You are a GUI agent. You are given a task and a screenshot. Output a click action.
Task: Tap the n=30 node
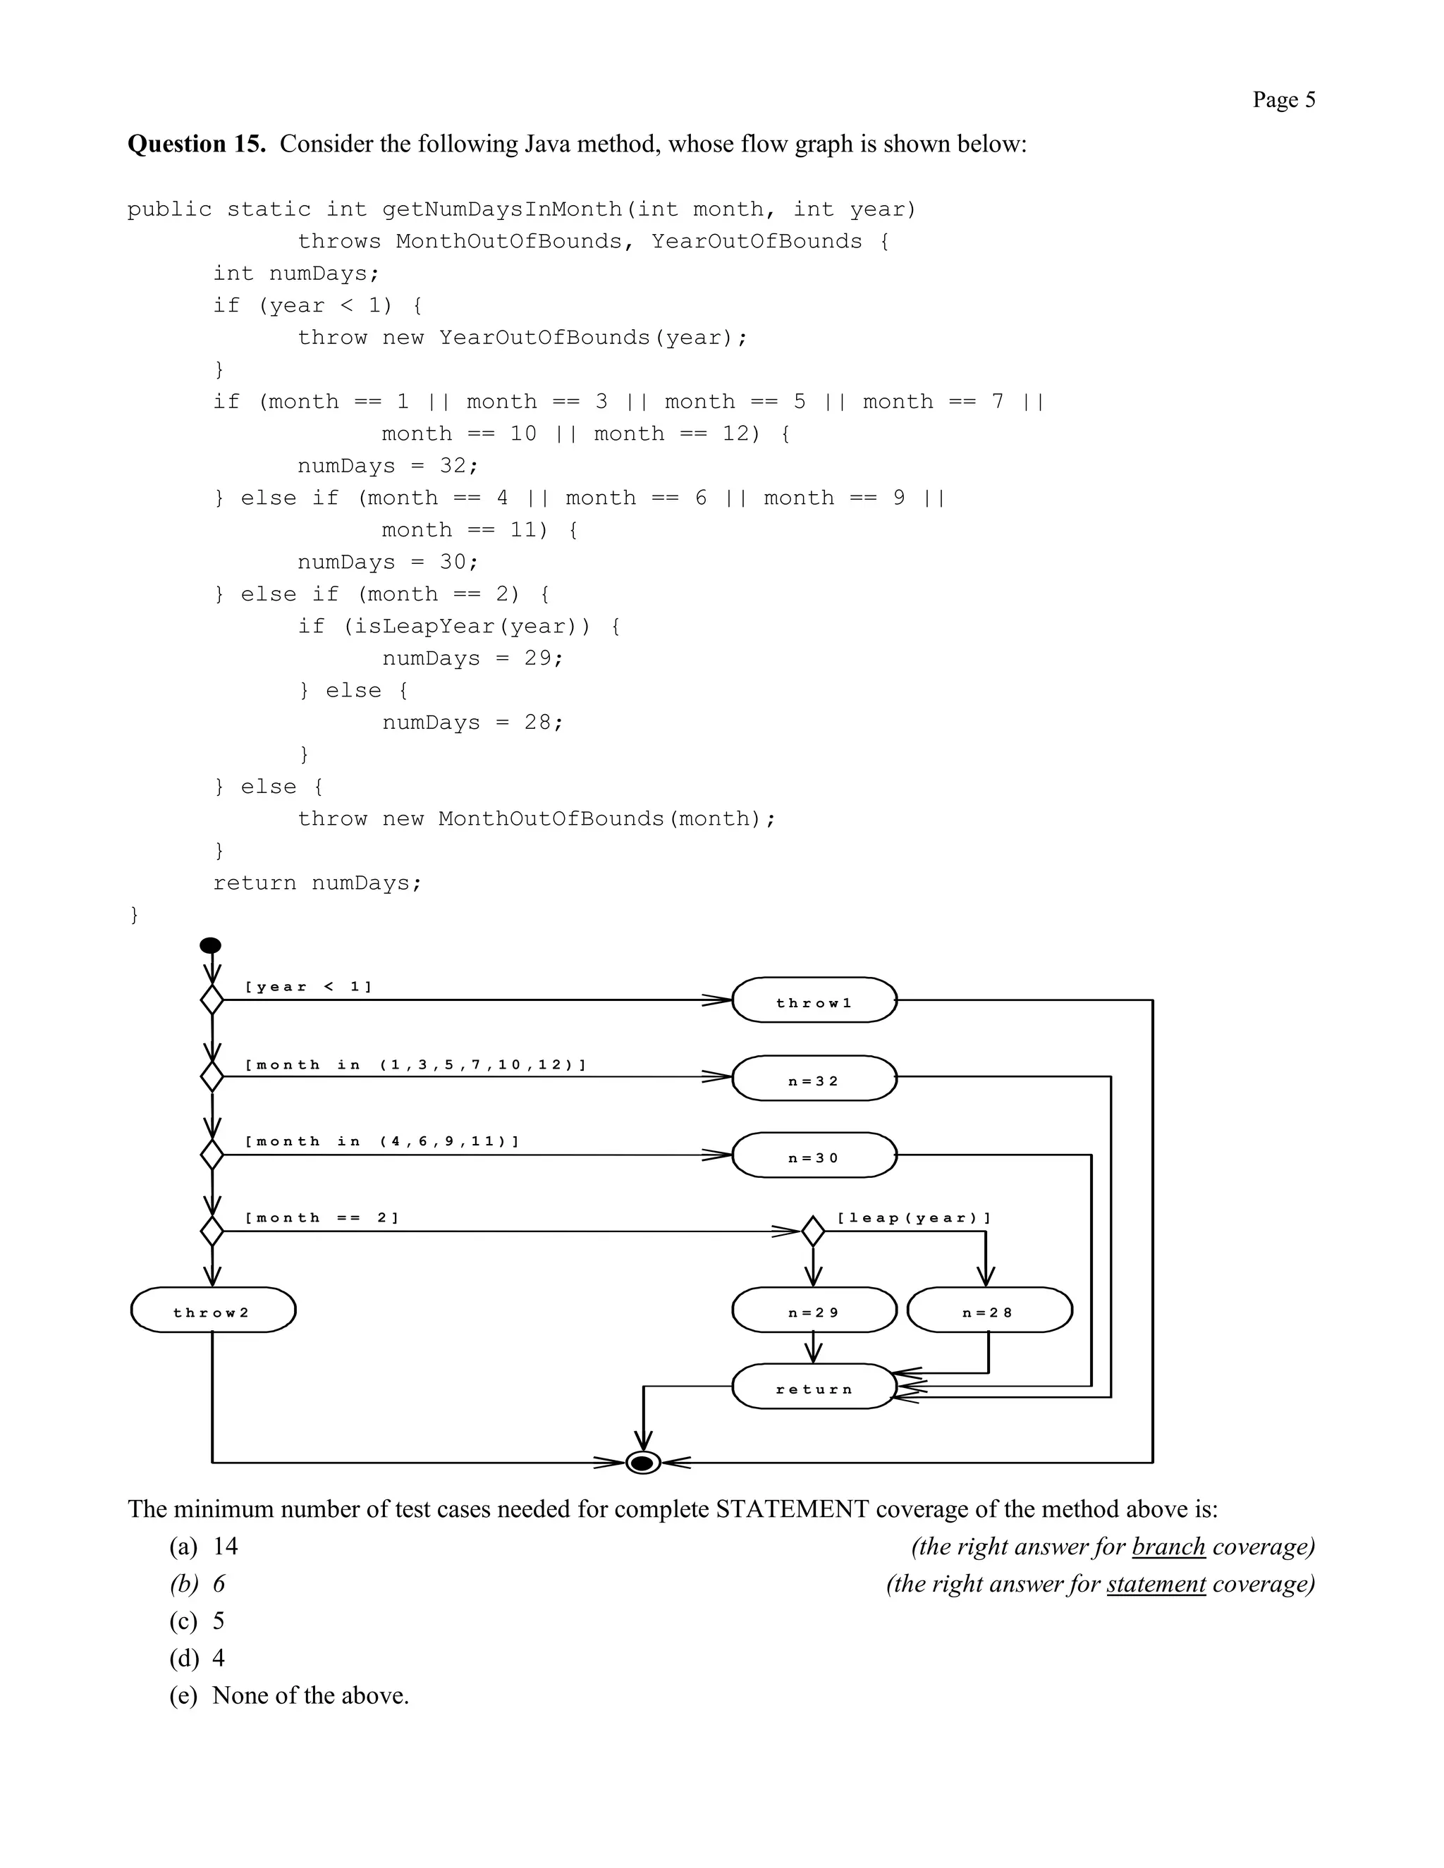[x=814, y=1155]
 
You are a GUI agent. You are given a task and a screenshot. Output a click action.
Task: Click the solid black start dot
[x=210, y=945]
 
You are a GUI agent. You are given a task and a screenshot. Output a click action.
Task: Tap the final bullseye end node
[x=643, y=1463]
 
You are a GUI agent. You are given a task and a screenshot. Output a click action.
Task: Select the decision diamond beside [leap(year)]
[x=813, y=1231]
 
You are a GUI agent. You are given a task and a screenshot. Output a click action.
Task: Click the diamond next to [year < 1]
[x=212, y=1000]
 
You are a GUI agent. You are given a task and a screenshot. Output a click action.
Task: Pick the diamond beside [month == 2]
[x=212, y=1231]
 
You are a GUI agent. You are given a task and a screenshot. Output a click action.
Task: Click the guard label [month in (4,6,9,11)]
[x=381, y=1142]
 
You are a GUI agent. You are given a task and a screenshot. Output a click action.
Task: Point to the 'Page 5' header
[x=1283, y=100]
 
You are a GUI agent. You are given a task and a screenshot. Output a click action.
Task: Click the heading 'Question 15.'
[x=197, y=144]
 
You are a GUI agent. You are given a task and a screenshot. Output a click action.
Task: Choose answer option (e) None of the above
[x=289, y=1695]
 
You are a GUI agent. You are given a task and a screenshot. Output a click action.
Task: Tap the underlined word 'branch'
[x=1168, y=1547]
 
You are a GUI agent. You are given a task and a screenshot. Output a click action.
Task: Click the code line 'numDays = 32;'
[x=388, y=466]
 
